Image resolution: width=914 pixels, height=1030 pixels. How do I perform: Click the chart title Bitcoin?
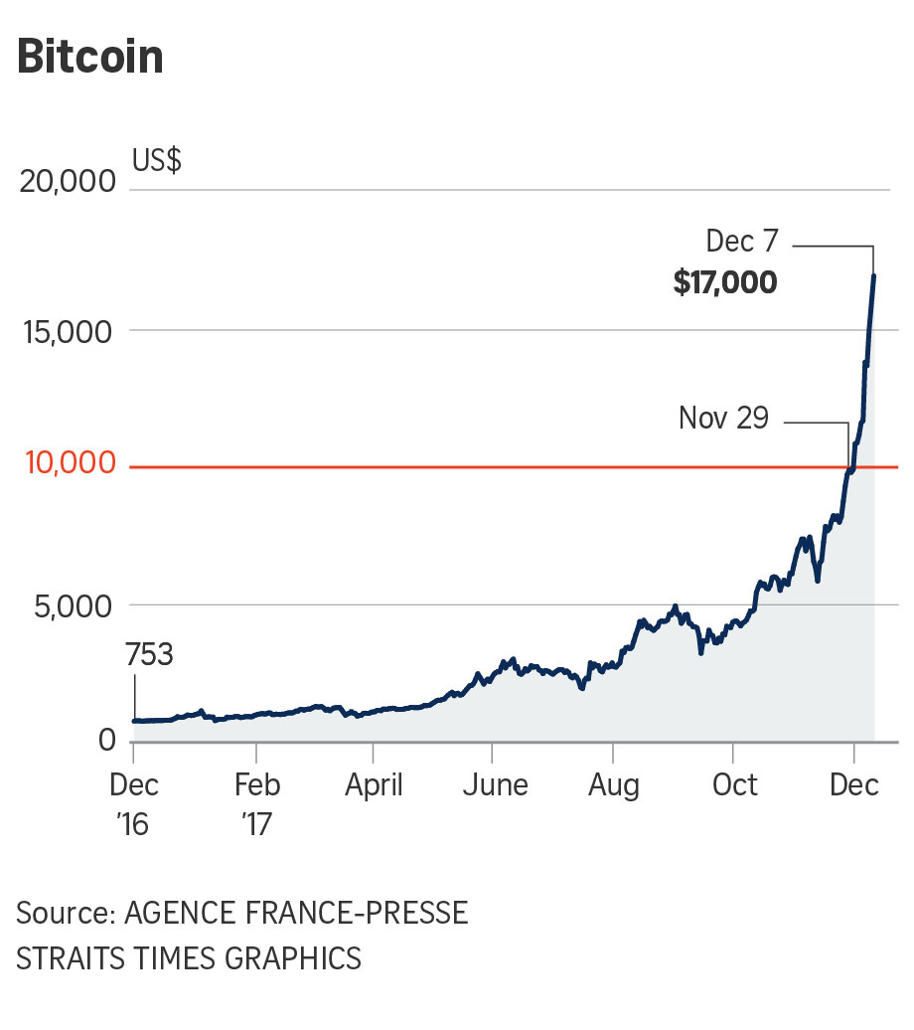pos(89,59)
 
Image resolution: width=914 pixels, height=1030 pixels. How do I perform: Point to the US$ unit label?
pos(157,160)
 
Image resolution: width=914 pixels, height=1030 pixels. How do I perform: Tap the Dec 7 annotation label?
pos(741,242)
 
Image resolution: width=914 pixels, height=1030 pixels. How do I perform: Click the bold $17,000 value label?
pos(724,283)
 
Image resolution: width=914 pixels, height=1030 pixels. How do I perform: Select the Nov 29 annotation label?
pos(723,418)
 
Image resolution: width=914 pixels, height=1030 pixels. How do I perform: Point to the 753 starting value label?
pos(149,655)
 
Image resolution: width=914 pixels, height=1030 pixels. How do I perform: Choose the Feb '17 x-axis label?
pos(257,804)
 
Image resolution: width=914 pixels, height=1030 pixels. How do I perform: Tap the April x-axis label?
pos(374,786)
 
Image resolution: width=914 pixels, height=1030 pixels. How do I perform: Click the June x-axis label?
pos(495,786)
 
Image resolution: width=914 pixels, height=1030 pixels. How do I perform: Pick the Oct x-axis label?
pos(735,786)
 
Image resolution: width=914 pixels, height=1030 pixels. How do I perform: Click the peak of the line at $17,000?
pos(873,275)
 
